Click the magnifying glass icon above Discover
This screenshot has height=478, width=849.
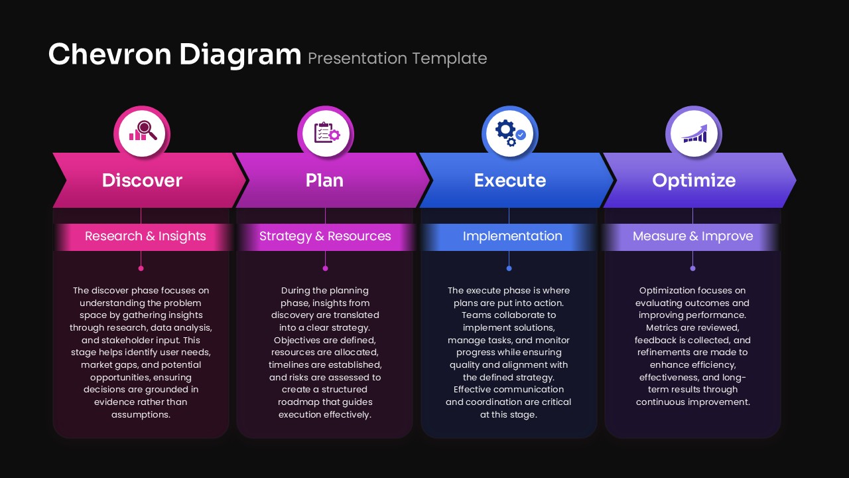(143, 131)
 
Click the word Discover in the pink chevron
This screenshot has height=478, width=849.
(142, 181)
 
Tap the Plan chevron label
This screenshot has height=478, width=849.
(325, 181)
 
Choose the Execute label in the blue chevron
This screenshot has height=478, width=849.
(509, 181)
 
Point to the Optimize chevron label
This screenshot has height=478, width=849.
(693, 181)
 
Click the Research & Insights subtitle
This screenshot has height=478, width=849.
(145, 236)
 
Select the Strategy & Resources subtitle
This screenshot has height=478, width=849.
(325, 236)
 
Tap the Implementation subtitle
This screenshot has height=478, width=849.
(512, 236)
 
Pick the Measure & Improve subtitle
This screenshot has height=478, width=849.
(692, 236)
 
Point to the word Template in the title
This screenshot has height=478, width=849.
(450, 58)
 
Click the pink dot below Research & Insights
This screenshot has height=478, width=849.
(141, 268)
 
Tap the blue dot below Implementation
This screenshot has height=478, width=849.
(509, 268)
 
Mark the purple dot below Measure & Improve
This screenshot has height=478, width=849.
(692, 268)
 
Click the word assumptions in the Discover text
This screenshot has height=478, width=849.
(140, 414)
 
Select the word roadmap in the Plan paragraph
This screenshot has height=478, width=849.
(298, 402)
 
